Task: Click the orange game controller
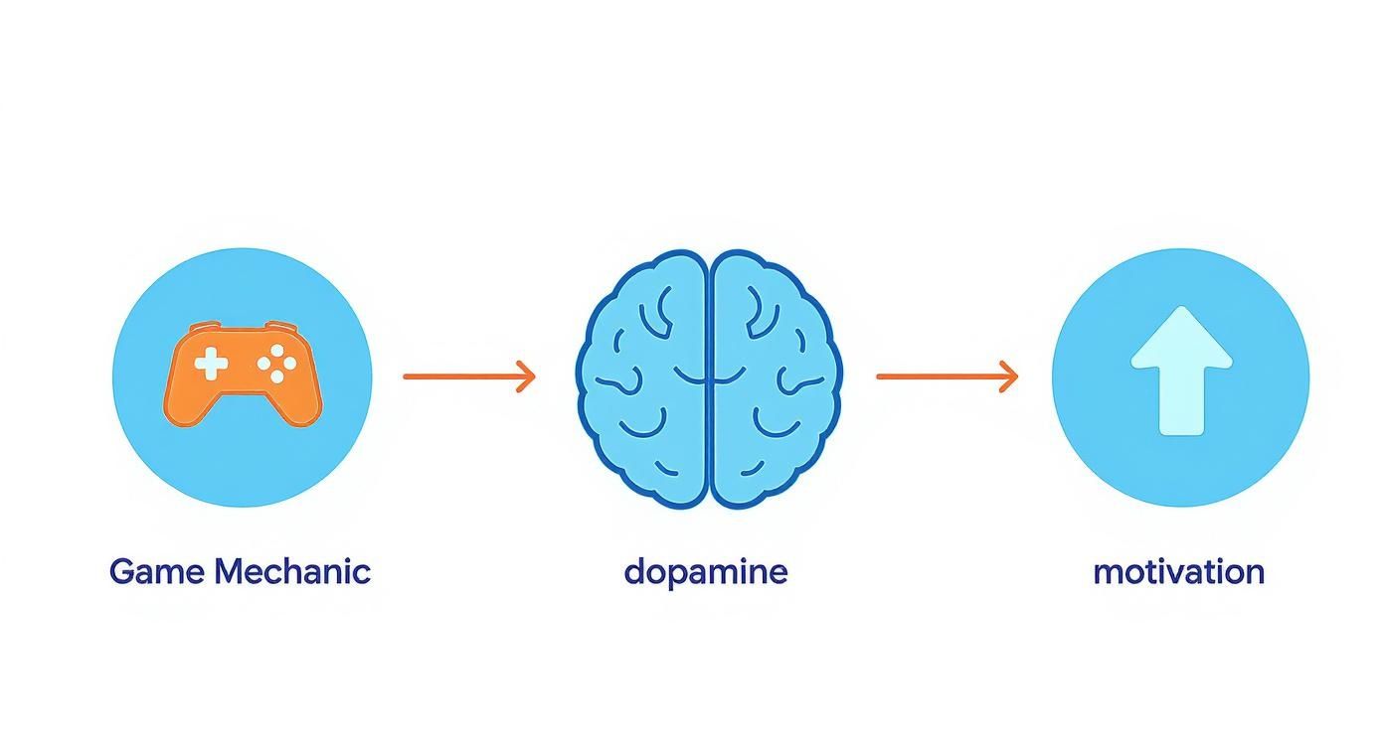(242, 373)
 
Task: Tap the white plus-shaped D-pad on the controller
(211, 365)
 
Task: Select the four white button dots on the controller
(276, 366)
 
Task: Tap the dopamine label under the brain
(706, 572)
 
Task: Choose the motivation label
(1178, 572)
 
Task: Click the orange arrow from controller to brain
(468, 376)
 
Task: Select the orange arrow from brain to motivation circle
(946, 376)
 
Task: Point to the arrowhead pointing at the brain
(527, 376)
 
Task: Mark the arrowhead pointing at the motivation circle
(1009, 376)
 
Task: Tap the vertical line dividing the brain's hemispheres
(708, 377)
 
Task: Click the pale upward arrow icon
(1181, 370)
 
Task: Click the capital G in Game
(121, 572)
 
